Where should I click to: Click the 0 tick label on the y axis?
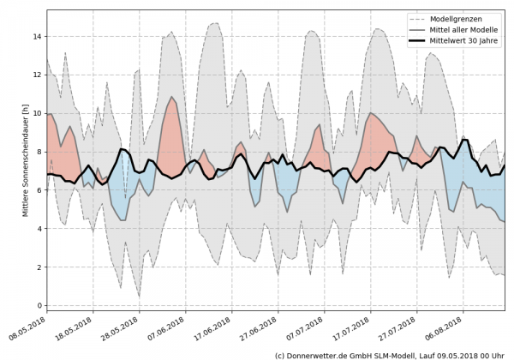(39, 305)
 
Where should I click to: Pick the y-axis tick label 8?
(39, 152)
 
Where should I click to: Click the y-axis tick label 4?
(39, 229)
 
